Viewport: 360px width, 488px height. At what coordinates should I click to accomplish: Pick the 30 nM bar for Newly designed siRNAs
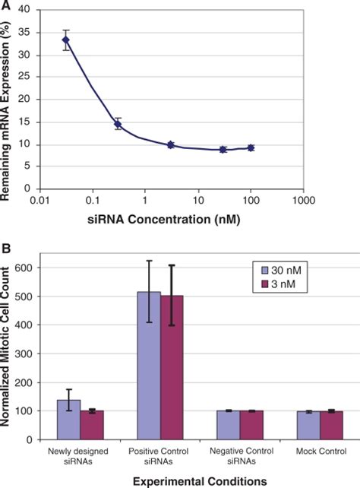click(x=69, y=420)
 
